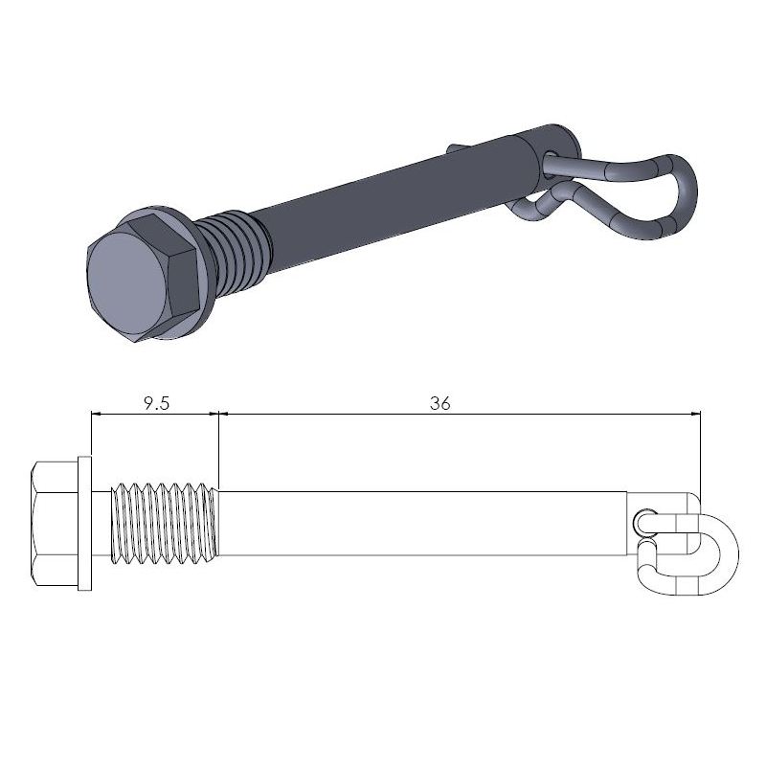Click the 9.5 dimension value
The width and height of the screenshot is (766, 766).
156,403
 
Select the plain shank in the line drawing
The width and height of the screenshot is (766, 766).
421,524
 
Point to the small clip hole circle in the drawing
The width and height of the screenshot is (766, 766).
642,520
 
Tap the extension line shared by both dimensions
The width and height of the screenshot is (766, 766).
220,445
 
